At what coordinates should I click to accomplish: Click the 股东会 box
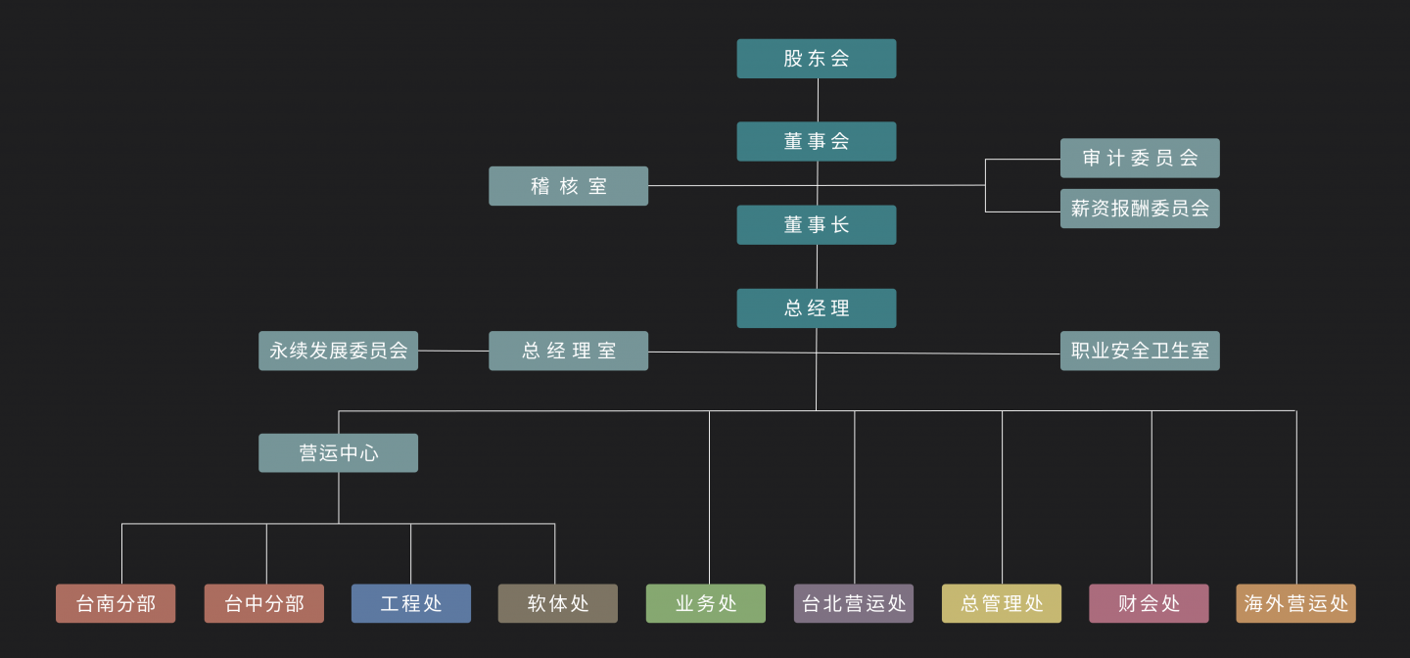[x=816, y=59]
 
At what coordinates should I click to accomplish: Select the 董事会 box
[x=816, y=142]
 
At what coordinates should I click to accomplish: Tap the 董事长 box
[x=816, y=225]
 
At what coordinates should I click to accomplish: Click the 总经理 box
[x=816, y=308]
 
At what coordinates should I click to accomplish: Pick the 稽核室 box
[x=568, y=186]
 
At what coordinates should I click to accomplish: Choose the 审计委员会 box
[x=1140, y=158]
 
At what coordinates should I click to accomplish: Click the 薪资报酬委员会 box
[x=1140, y=209]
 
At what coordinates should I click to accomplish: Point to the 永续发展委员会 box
[x=338, y=351]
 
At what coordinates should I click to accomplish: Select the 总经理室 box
[x=568, y=351]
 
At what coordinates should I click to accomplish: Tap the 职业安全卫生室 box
[x=1140, y=351]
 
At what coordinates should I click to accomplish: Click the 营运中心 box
[x=338, y=453]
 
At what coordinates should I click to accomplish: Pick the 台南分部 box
[x=116, y=603]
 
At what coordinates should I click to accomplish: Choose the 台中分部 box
[x=264, y=603]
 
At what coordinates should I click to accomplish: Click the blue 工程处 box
[x=411, y=603]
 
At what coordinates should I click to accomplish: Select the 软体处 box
[x=557, y=603]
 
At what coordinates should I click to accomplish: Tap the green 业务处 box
[x=706, y=603]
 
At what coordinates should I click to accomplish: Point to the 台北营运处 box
[x=854, y=603]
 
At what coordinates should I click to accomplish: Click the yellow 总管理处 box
[x=1002, y=603]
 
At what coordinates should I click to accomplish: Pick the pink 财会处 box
[x=1149, y=603]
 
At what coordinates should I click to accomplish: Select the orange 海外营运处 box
[x=1295, y=603]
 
